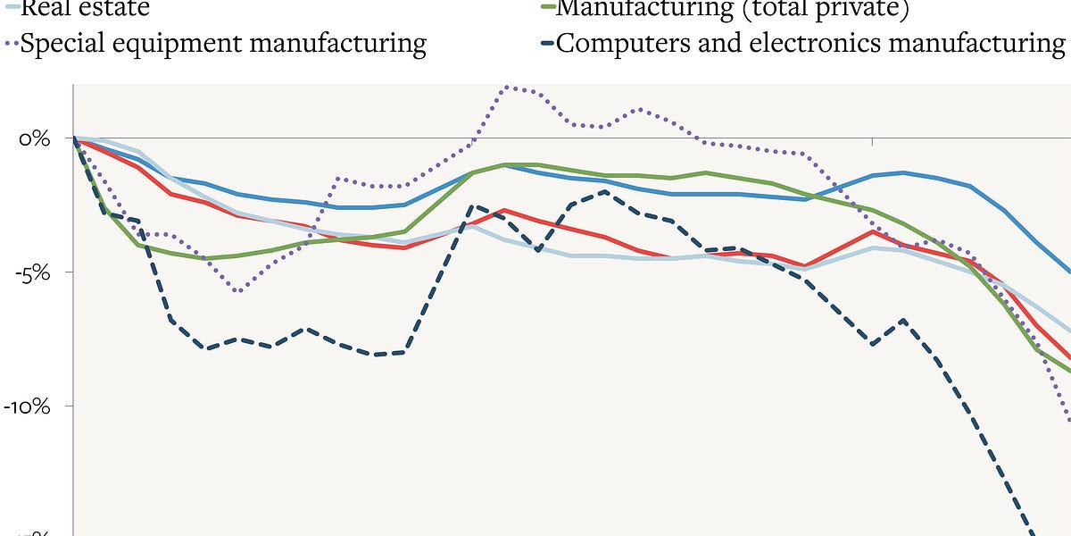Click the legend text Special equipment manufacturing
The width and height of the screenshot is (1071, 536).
pyautogui.click(x=223, y=43)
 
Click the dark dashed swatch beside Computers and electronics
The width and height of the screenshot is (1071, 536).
pyautogui.click(x=545, y=43)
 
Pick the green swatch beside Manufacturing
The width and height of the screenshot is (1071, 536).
pyautogui.click(x=545, y=7)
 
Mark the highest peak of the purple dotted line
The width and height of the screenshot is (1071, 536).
pyautogui.click(x=507, y=87)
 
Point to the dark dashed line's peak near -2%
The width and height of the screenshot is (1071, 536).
pyautogui.click(x=605, y=191)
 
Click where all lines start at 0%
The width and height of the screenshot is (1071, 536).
pyautogui.click(x=74, y=138)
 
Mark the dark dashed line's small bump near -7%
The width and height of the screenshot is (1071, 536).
pyautogui.click(x=904, y=320)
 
